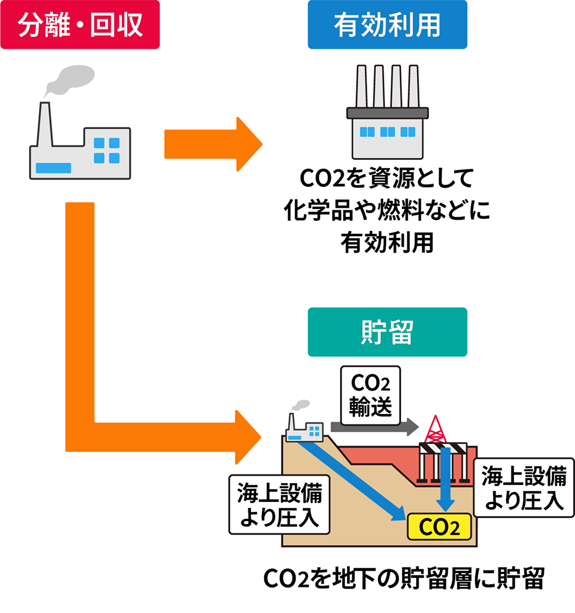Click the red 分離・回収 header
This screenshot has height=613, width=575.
click(x=80, y=25)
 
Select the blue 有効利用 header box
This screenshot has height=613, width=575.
click(x=387, y=25)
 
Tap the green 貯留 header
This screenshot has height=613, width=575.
click(x=387, y=332)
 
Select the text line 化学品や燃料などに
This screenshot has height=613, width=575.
click(x=387, y=211)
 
